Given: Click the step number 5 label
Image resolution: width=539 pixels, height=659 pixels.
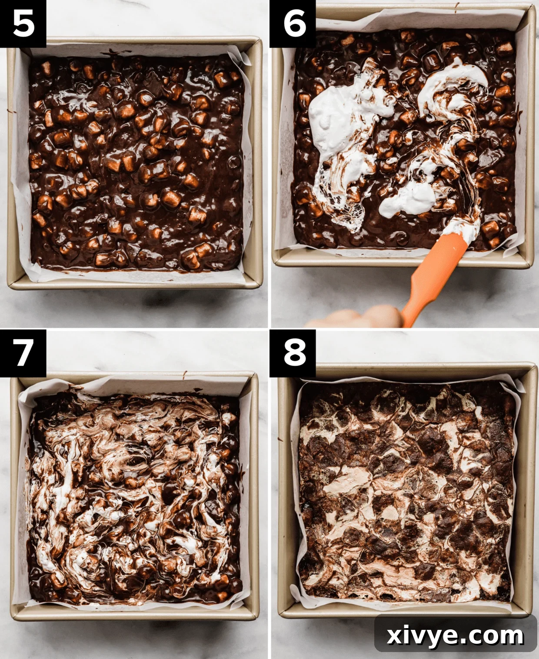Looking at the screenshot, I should click(23, 23).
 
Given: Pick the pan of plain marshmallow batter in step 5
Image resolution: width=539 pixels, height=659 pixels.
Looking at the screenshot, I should click(135, 161).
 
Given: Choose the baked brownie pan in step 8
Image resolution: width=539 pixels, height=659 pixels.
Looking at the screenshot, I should click(406, 491).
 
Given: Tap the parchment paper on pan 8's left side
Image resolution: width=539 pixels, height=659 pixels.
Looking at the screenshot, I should click(295, 491).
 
